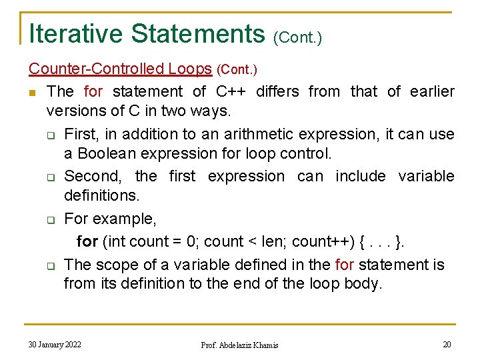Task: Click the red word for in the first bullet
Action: point(93,91)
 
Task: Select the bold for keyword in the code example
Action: point(87,241)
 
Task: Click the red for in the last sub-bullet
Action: point(344,265)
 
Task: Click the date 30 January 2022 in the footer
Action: point(55,345)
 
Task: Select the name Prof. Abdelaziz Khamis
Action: point(240,345)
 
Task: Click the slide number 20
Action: point(447,345)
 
